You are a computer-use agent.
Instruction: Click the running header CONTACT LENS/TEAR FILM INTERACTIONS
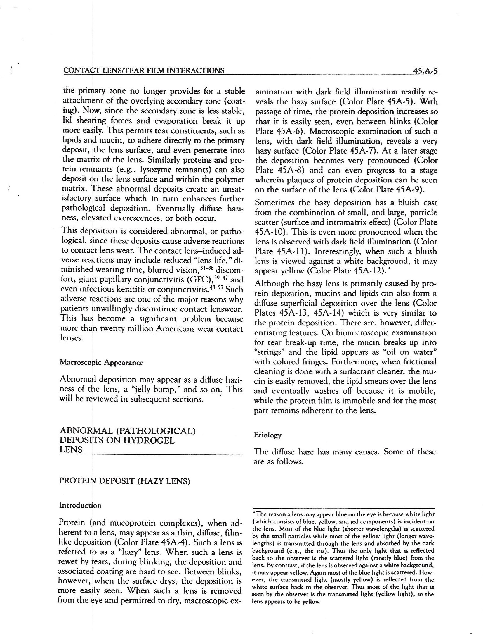coord(144,71)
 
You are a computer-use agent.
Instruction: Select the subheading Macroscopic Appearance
coord(102,363)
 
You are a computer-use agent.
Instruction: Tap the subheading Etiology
coord(267,435)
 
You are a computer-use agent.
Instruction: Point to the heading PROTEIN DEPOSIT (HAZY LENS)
coord(125,481)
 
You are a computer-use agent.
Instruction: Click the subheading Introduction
coord(80,505)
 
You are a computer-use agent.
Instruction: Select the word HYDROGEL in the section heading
coord(149,440)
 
